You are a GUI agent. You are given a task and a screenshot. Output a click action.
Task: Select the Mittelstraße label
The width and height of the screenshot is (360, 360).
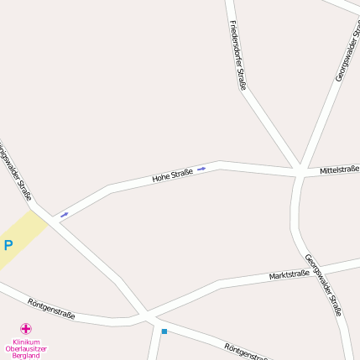(339, 170)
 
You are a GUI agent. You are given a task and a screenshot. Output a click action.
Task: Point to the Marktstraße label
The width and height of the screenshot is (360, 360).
(290, 274)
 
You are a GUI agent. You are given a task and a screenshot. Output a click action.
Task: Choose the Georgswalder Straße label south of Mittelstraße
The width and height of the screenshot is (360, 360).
(323, 284)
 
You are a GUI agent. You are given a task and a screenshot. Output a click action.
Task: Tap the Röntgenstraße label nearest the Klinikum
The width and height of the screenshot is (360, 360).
(51, 309)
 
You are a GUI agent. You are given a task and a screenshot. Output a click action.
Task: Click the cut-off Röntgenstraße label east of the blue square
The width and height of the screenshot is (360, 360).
(246, 352)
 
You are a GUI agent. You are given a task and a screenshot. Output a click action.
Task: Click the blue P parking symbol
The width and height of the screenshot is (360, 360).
(8, 246)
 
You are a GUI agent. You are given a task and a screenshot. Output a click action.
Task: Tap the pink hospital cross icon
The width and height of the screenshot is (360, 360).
(26, 329)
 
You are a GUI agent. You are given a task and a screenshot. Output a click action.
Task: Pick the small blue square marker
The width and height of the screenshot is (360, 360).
(164, 331)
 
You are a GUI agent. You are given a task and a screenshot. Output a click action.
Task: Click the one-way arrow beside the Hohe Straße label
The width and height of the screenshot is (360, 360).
(201, 170)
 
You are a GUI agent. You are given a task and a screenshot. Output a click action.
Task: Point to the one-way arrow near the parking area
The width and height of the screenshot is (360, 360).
(65, 215)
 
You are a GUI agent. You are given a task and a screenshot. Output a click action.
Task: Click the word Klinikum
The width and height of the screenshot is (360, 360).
(26, 342)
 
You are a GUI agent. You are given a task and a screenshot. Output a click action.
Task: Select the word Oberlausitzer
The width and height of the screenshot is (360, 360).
(26, 348)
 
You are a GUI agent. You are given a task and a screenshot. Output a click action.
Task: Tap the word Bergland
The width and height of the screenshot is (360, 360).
(26, 356)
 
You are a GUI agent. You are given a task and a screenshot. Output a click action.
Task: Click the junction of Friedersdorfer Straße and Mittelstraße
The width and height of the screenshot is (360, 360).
(298, 170)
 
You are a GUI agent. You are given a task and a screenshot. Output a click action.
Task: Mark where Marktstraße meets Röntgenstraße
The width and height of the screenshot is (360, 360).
(144, 316)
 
